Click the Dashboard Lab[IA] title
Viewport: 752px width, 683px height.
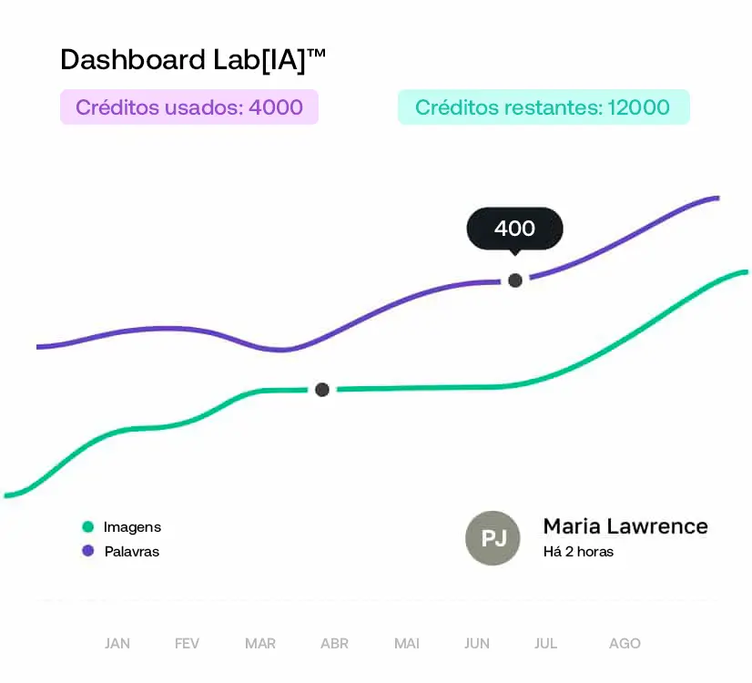click(x=192, y=60)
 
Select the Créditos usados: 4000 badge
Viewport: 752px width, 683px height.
click(x=189, y=107)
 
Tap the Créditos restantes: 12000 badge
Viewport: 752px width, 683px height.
click(x=543, y=107)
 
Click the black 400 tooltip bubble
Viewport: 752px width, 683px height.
click(x=514, y=229)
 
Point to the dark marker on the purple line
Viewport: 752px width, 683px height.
click(x=515, y=280)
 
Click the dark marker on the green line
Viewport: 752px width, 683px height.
click(x=321, y=390)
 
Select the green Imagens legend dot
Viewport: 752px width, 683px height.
click(x=88, y=526)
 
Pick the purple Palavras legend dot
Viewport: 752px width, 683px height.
click(x=88, y=551)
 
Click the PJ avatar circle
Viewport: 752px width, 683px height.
click(x=493, y=538)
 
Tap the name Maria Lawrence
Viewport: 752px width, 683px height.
click(x=625, y=526)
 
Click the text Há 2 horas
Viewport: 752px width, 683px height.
click(x=578, y=552)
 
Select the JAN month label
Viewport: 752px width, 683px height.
click(x=117, y=644)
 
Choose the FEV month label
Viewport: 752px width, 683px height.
click(x=187, y=644)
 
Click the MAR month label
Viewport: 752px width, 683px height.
click(x=260, y=644)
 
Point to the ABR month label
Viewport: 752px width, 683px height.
click(x=334, y=644)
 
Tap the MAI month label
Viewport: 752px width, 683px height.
click(x=407, y=644)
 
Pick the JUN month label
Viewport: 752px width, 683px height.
click(x=477, y=644)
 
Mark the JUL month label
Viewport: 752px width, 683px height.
click(x=545, y=644)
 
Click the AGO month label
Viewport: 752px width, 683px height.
click(x=625, y=644)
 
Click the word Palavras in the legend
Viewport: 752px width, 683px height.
click(x=132, y=551)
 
